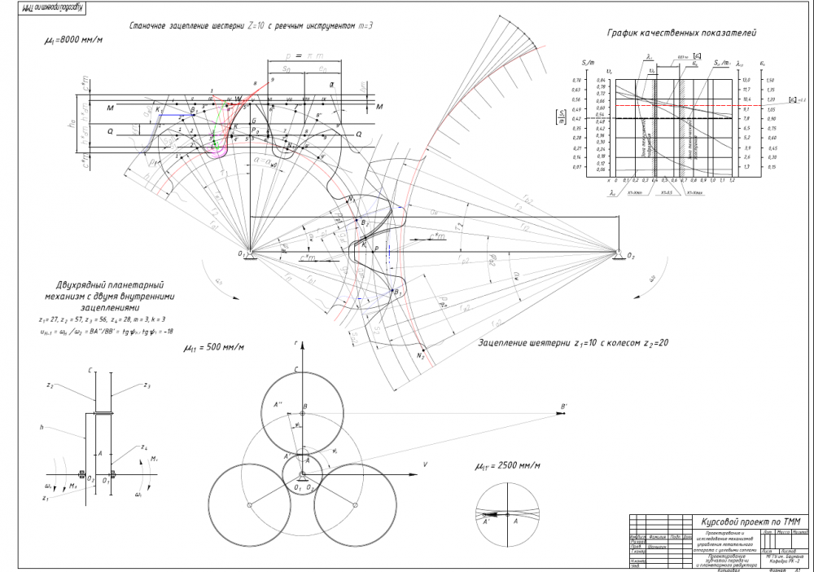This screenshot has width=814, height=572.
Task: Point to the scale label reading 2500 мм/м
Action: [510, 466]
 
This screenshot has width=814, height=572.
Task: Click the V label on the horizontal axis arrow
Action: [425, 463]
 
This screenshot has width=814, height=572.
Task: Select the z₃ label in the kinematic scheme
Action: [147, 385]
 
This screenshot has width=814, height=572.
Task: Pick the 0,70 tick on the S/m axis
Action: [575, 80]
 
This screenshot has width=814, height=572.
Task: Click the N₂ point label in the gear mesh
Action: [421, 357]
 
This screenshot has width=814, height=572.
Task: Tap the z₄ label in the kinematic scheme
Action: [143, 447]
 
